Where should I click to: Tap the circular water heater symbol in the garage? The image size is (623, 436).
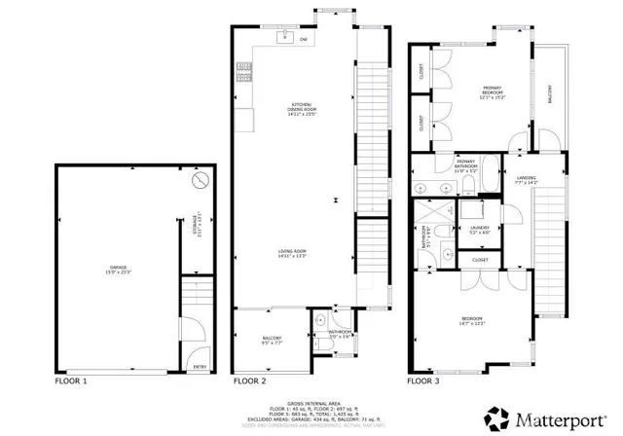[200, 182]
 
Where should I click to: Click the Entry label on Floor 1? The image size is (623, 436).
[200, 366]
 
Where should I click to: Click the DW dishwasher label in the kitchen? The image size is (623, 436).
[304, 39]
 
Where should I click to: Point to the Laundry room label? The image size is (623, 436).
[481, 230]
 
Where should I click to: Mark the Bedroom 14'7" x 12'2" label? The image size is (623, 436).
[472, 320]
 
